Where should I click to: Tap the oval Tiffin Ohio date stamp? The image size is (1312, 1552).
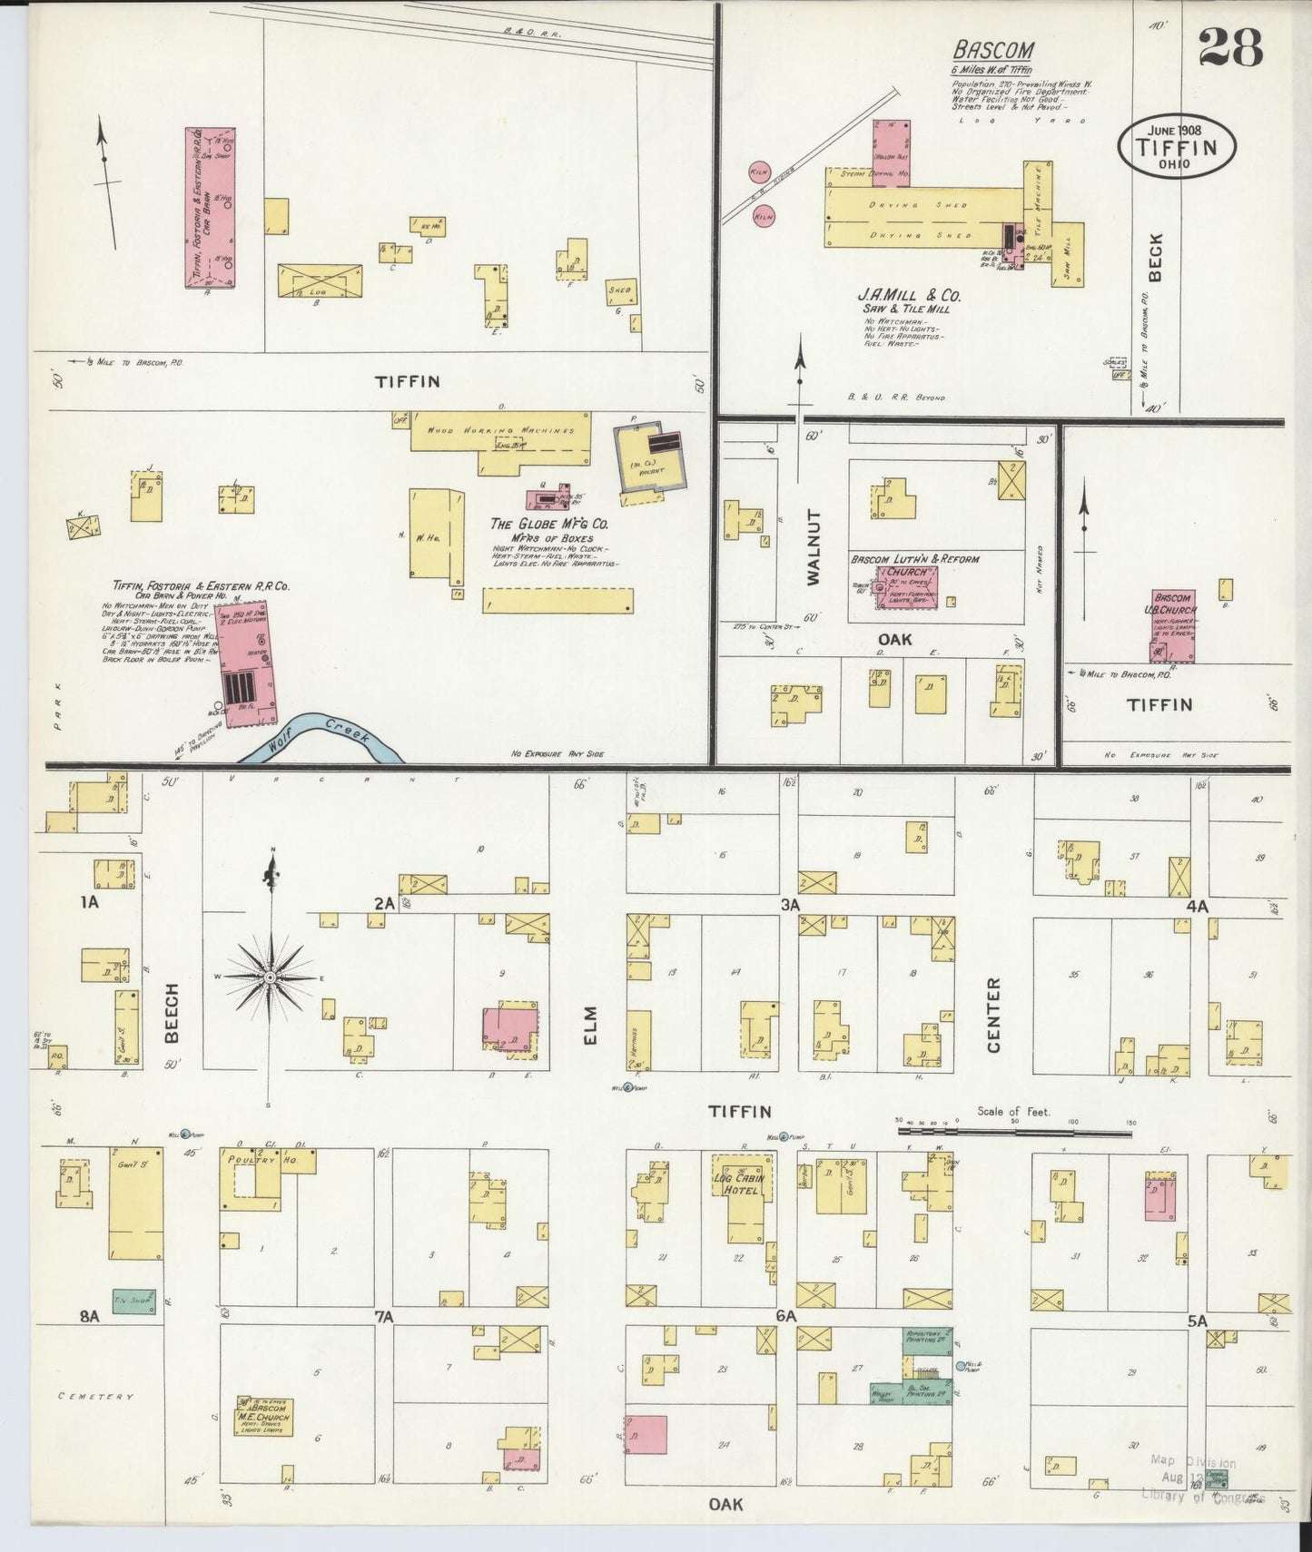[x=1178, y=145]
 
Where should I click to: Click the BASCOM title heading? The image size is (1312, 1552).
[x=993, y=51]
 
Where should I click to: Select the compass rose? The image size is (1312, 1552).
[x=271, y=977]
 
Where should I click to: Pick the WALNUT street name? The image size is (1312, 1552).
[x=813, y=545]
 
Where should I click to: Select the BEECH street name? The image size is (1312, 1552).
[x=173, y=1012]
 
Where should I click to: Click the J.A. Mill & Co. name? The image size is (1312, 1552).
[x=909, y=296]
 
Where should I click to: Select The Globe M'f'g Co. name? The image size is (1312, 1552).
[x=549, y=525]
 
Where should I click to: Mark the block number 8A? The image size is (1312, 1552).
[x=88, y=1317]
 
